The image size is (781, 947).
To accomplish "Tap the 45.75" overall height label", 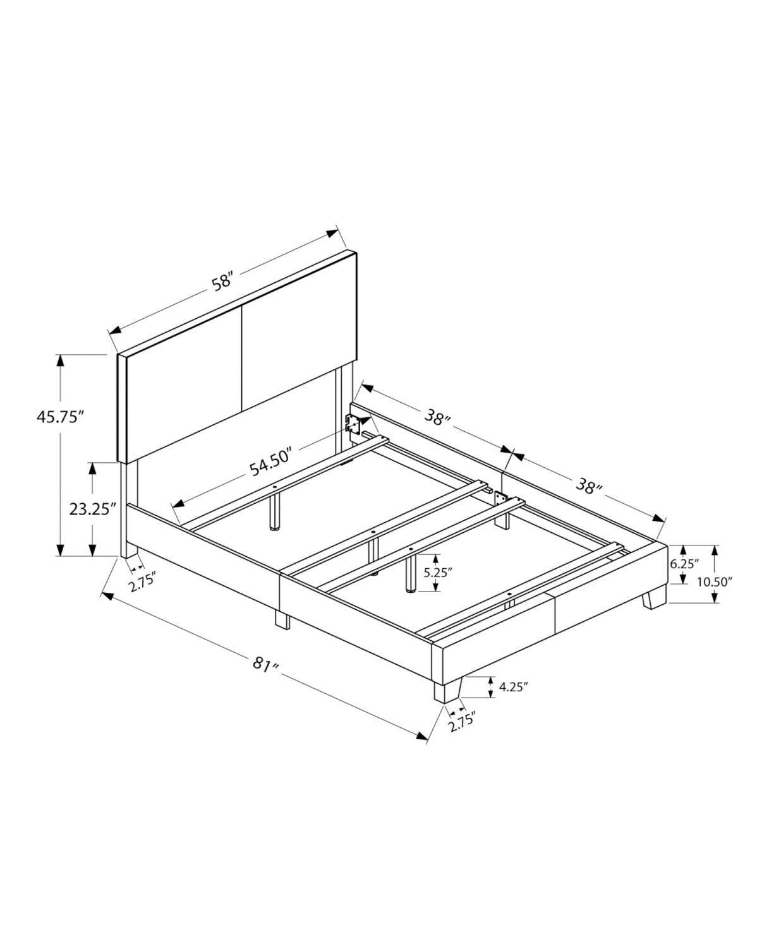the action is (x=61, y=416).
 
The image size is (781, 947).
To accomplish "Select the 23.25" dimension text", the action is (x=90, y=509).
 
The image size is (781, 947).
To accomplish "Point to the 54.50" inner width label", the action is (x=270, y=462).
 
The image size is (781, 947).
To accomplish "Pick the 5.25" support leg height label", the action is (x=438, y=573).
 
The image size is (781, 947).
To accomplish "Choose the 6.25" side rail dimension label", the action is (x=684, y=564).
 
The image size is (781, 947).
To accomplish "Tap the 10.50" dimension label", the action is (x=715, y=582).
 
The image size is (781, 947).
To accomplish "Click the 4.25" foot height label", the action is (x=514, y=687).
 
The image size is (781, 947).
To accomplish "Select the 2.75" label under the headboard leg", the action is (x=142, y=582).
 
